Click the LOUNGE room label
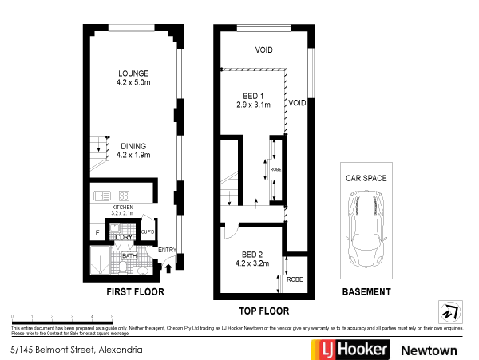(x=133, y=73)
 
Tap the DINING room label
(x=133, y=146)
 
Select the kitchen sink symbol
(x=101, y=196)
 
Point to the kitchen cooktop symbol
(x=125, y=196)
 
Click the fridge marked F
(x=97, y=232)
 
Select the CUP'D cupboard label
(x=147, y=232)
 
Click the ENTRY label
(x=167, y=251)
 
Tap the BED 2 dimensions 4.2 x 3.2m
(x=252, y=263)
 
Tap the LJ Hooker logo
(x=349, y=350)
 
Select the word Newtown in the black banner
(x=429, y=350)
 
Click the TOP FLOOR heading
(x=263, y=311)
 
